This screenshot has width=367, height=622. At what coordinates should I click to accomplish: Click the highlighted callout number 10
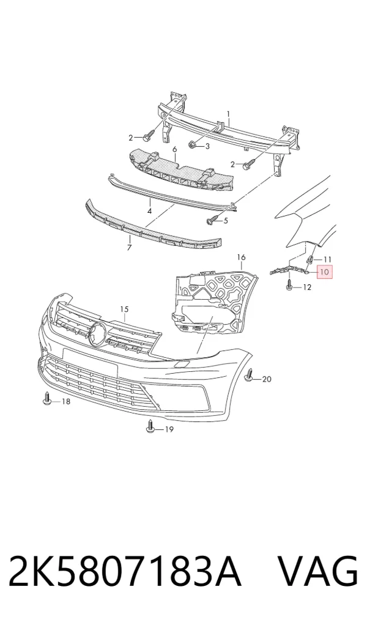click(x=324, y=272)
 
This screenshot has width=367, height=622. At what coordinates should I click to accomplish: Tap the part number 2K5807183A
click(x=125, y=571)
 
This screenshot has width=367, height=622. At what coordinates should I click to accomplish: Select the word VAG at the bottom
click(x=317, y=571)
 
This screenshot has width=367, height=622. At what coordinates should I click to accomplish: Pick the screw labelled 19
click(x=150, y=426)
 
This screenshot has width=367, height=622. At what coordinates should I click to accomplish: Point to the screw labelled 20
click(x=250, y=376)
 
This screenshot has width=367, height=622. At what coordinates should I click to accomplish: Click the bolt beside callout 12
click(x=290, y=284)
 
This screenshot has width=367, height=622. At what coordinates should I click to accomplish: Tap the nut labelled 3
click(x=193, y=145)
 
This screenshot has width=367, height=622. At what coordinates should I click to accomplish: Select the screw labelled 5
click(x=212, y=220)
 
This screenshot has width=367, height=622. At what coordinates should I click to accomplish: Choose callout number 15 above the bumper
click(x=125, y=309)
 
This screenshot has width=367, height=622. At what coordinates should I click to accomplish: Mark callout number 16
click(x=241, y=257)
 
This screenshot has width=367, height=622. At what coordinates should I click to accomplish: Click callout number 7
click(x=129, y=248)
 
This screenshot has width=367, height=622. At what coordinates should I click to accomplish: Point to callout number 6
click(x=174, y=149)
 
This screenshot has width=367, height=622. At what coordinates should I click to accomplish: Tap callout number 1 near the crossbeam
click(x=229, y=114)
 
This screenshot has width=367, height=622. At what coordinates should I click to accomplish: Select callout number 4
click(x=150, y=212)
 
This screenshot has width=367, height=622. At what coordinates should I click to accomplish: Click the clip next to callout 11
click(x=310, y=260)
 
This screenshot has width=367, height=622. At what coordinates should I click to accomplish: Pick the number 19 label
click(x=169, y=429)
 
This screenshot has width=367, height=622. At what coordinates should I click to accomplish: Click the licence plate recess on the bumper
click(x=90, y=362)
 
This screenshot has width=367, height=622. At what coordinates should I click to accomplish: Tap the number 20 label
click(x=267, y=379)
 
